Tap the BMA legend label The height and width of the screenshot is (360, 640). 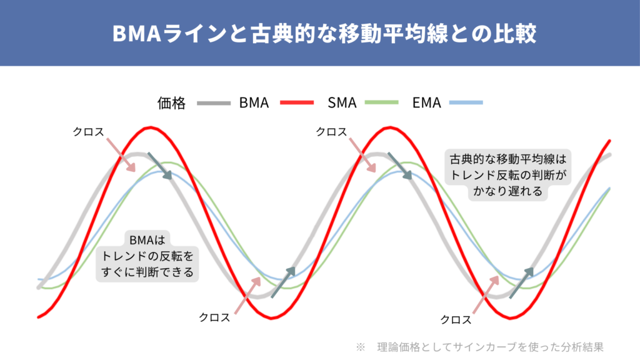point(254,103)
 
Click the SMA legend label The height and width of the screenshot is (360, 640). point(342,103)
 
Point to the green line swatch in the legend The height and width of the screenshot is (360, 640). point(382,103)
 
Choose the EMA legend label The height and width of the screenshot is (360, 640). point(427,103)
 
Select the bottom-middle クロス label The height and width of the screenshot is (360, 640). point(214,317)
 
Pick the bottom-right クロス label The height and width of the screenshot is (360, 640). point(456,319)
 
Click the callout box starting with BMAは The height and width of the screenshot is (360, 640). point(149,256)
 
